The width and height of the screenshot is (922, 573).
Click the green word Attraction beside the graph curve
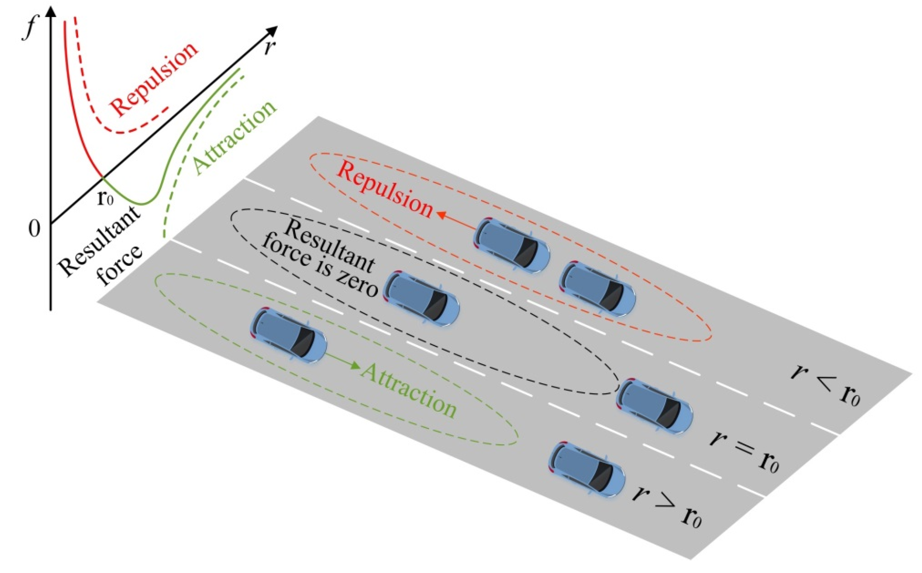click(235, 138)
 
